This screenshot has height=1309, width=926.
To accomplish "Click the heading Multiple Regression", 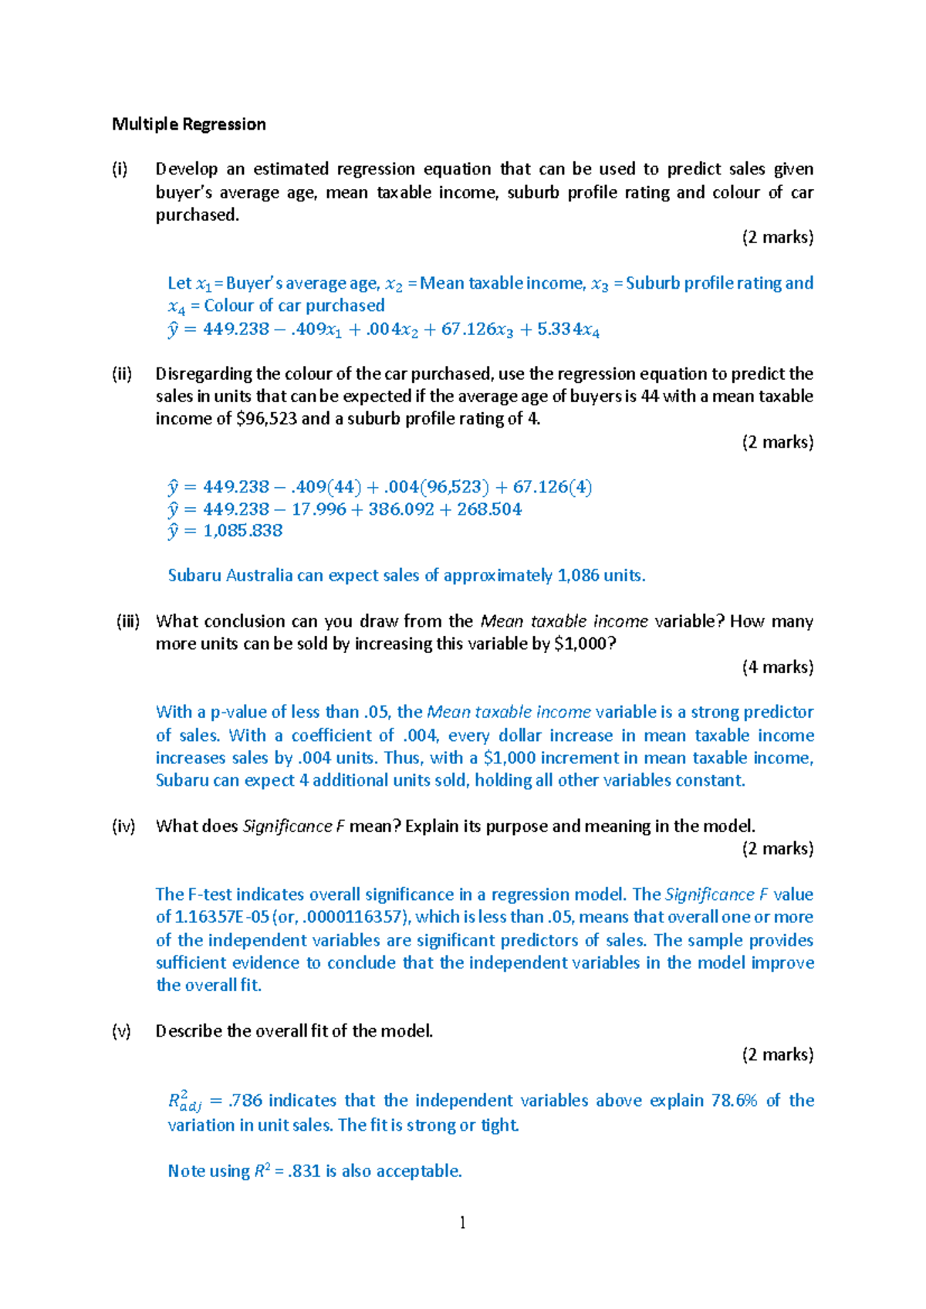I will [x=188, y=124].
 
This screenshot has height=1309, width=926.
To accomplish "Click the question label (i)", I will [x=120, y=169].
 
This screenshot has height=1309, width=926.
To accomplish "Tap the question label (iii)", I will [x=128, y=621].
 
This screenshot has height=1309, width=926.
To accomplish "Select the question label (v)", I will [x=121, y=1031].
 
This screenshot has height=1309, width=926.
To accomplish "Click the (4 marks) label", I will [x=777, y=667].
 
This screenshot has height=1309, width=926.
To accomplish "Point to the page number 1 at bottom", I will [x=462, y=1222].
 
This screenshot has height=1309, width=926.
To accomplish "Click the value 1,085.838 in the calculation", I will [x=242, y=531].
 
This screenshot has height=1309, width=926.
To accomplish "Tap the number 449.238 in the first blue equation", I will [x=235, y=330].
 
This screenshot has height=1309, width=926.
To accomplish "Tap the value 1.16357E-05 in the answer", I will [x=222, y=917].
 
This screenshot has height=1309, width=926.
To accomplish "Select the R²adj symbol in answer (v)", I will [x=184, y=1101].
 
